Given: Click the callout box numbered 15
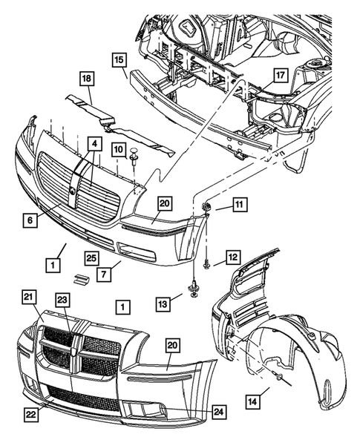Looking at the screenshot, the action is [x=119, y=60].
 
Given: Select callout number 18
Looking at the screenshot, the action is [x=87, y=79].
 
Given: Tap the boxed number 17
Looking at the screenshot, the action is [x=281, y=75].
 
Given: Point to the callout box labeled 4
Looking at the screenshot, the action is [x=95, y=144].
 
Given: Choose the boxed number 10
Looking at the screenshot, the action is [x=119, y=150].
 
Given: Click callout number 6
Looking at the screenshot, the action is [x=30, y=220].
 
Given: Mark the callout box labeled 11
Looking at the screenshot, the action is [x=240, y=205].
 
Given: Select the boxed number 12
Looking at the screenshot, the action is [x=233, y=257].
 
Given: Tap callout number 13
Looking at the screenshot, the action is [x=163, y=303].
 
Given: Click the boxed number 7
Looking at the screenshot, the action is [x=104, y=275].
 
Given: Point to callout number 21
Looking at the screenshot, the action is [x=29, y=298].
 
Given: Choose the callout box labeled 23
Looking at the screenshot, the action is [x=62, y=300].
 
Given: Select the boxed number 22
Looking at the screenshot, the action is [x=31, y=415].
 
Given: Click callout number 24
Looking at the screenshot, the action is [x=219, y=411].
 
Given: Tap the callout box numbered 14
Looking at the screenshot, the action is [x=252, y=401].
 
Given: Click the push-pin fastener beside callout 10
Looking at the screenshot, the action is [x=134, y=156].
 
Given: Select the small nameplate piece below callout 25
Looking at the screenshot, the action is [x=82, y=279].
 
